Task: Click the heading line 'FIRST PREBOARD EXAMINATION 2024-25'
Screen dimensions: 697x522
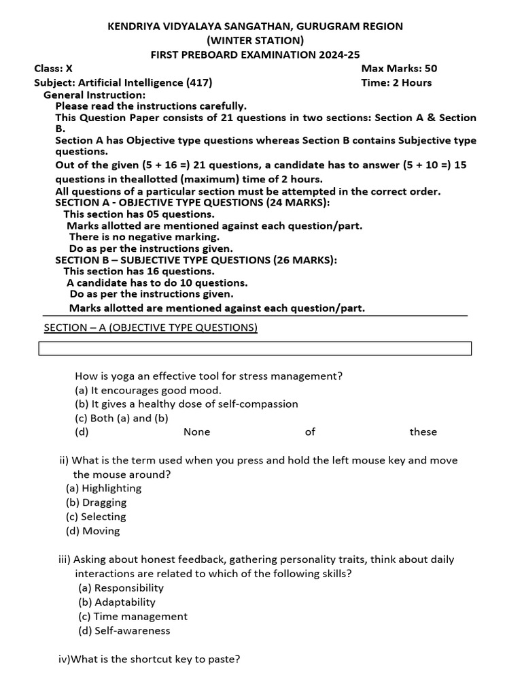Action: tap(255, 54)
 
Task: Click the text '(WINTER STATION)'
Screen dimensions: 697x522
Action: tap(255, 40)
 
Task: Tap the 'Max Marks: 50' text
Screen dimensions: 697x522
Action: tap(399, 69)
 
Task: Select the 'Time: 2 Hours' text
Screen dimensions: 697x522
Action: tap(396, 83)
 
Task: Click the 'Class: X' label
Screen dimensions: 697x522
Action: tap(54, 69)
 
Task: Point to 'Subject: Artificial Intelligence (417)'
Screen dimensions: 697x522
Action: tap(123, 83)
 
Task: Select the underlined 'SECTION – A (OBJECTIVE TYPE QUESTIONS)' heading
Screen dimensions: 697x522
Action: tap(151, 328)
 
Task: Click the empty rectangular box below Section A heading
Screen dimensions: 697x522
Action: tap(255, 348)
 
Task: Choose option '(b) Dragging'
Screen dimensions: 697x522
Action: tap(97, 503)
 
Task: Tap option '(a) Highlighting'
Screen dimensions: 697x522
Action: tap(104, 489)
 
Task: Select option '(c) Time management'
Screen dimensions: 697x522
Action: tap(133, 617)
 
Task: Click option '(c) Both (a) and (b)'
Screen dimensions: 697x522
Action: tap(122, 419)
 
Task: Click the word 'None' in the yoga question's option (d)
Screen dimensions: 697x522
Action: tap(196, 432)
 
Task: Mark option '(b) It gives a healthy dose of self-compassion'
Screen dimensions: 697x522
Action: tap(186, 404)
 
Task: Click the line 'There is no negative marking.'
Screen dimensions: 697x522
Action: tap(144, 238)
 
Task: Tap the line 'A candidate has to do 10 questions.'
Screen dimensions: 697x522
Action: tap(157, 283)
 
